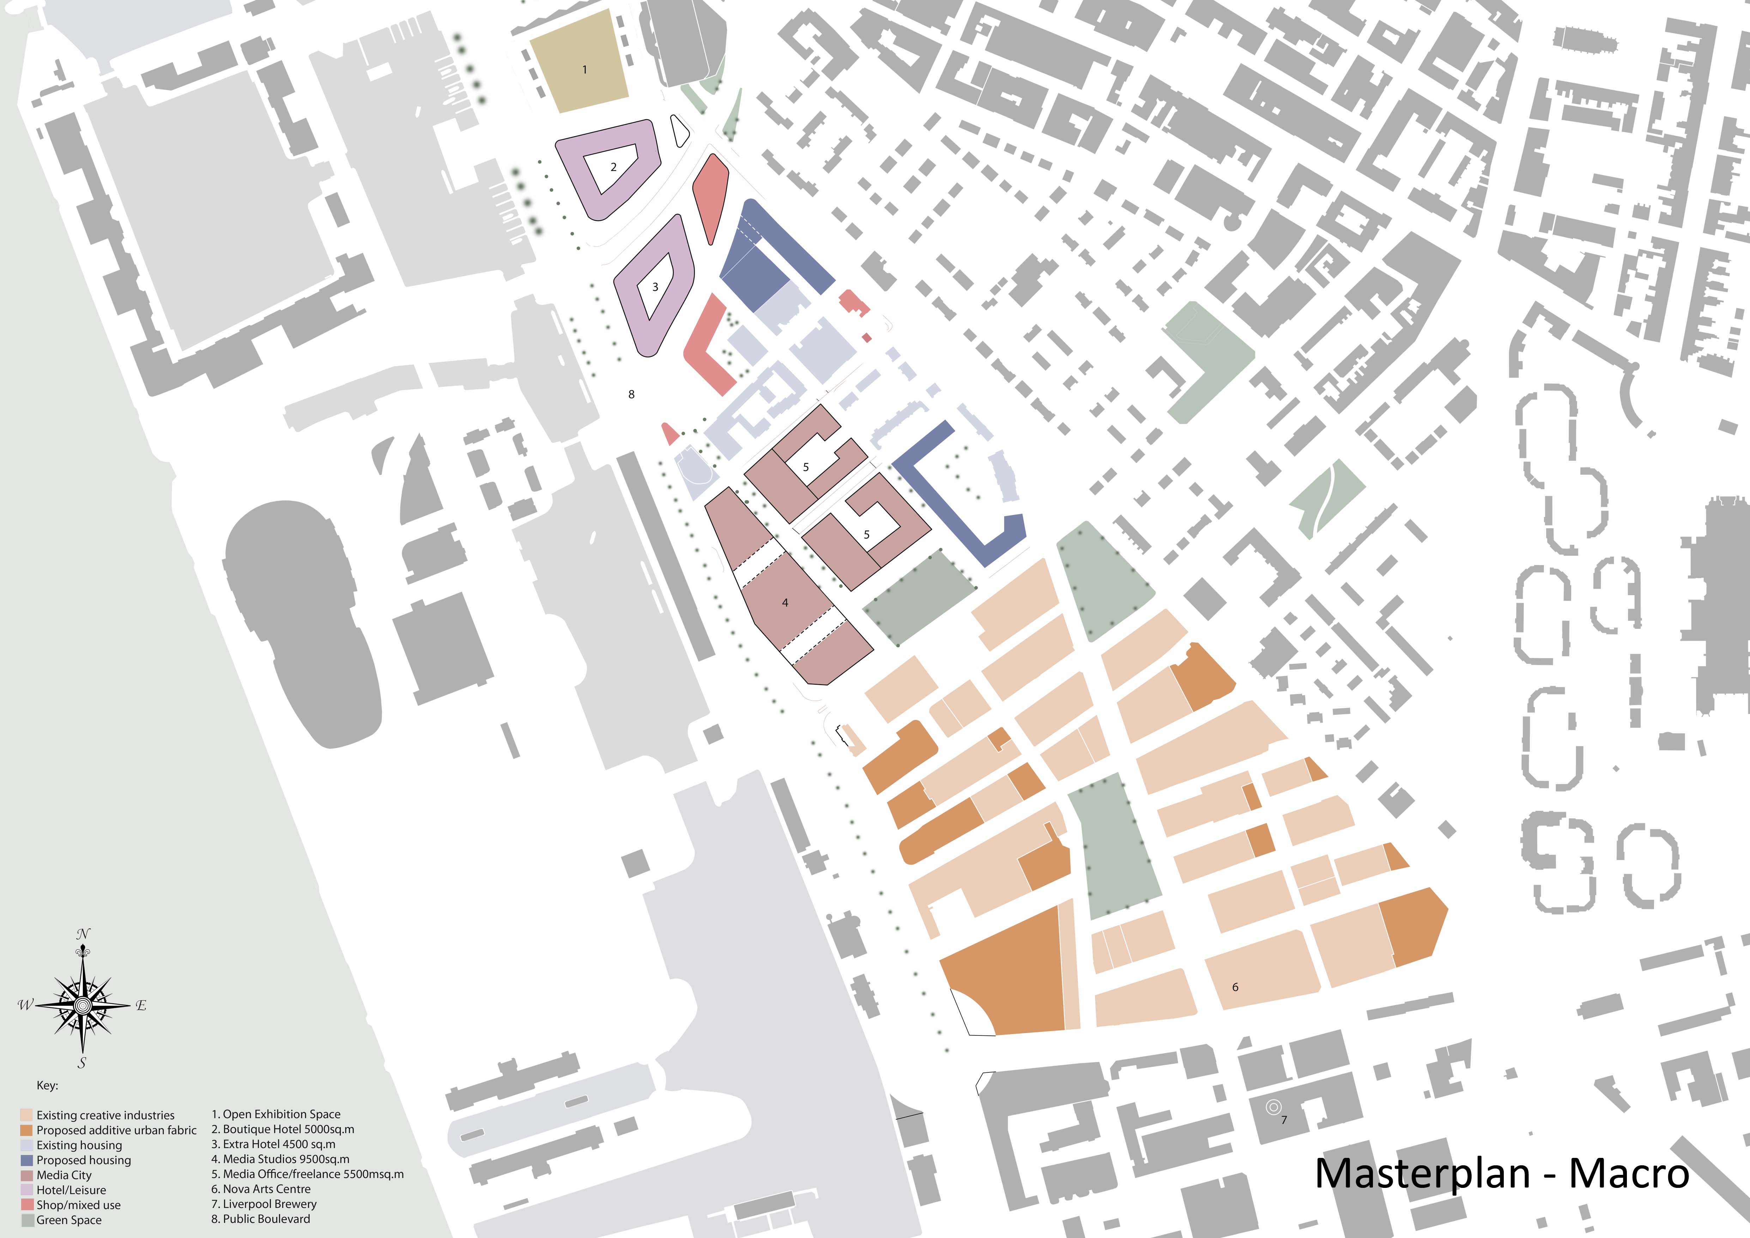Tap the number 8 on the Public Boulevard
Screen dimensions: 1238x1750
(631, 394)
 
